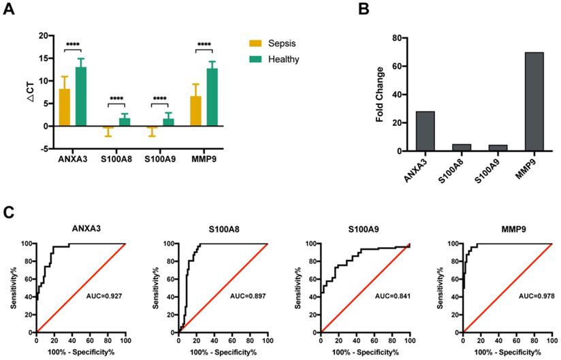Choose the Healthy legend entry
point(283,59)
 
